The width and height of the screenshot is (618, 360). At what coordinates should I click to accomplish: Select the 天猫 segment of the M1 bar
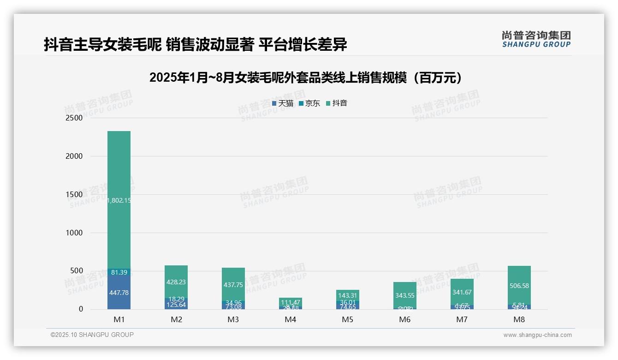coord(119,292)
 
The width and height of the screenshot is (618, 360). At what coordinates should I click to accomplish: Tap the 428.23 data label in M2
coord(176,282)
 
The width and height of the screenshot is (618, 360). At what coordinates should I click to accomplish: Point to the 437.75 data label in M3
coord(233,285)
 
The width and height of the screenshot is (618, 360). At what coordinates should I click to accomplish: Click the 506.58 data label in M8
coord(519,286)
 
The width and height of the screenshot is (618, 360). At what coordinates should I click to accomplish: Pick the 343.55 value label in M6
coord(405,295)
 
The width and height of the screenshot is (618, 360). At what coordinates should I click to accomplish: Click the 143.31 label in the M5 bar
coord(348,295)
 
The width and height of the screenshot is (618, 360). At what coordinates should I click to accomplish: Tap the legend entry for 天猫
coord(283,103)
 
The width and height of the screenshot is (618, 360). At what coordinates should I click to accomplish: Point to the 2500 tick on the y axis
coord(73,118)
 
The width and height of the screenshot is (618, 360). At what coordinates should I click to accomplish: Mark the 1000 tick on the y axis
coord(73,233)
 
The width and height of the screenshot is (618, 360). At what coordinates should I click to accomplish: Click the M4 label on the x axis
coord(291,319)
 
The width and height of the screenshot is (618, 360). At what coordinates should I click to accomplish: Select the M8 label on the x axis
coord(519,319)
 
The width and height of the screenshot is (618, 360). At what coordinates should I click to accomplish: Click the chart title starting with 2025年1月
coord(305,78)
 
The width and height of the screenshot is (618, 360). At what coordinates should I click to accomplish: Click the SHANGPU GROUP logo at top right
coord(536,39)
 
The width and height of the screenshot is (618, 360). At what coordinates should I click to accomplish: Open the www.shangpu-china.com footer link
coord(537,335)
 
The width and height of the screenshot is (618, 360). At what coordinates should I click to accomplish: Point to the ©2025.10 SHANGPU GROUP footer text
coord(92,335)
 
